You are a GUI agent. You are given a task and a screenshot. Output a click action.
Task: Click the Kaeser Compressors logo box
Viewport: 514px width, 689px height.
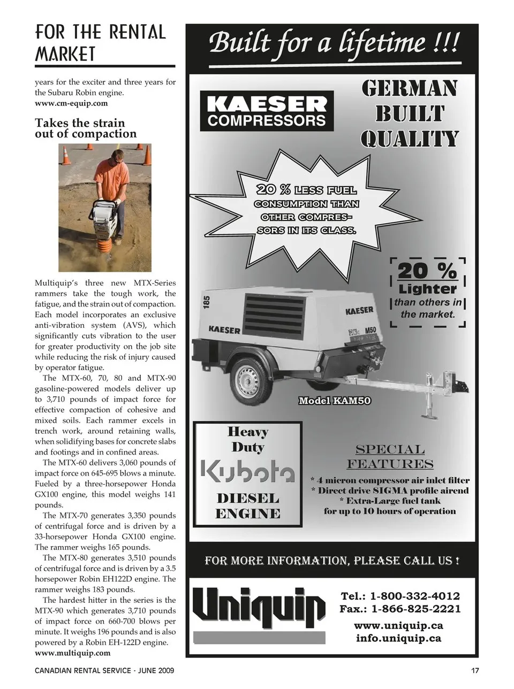coord(266,111)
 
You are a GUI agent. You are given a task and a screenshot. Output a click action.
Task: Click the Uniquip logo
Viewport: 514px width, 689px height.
coord(259,608)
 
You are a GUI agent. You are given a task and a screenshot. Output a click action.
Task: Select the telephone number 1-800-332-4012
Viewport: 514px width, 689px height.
coord(414,596)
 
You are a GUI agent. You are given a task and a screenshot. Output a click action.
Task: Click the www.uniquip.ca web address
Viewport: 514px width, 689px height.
coord(398,626)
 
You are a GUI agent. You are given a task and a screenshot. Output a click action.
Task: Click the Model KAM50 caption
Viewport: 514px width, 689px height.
coord(335,401)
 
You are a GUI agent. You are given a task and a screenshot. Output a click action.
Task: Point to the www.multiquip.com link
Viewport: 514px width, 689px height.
coord(72,653)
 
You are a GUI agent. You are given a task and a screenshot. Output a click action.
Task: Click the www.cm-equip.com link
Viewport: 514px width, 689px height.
coord(71,103)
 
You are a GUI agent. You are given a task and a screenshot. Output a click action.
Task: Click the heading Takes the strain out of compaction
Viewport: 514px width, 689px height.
coord(86,128)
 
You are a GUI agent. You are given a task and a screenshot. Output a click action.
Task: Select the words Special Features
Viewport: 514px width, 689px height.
coord(390,456)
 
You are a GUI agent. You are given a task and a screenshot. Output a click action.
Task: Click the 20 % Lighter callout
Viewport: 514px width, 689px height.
coord(428,292)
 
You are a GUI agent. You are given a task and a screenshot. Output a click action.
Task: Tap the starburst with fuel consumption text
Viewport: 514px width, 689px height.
coord(306,209)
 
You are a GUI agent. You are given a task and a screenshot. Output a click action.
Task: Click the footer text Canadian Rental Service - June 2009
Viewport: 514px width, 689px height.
coord(104,671)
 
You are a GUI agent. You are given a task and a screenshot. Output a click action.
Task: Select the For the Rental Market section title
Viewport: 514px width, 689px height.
coord(100,43)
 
